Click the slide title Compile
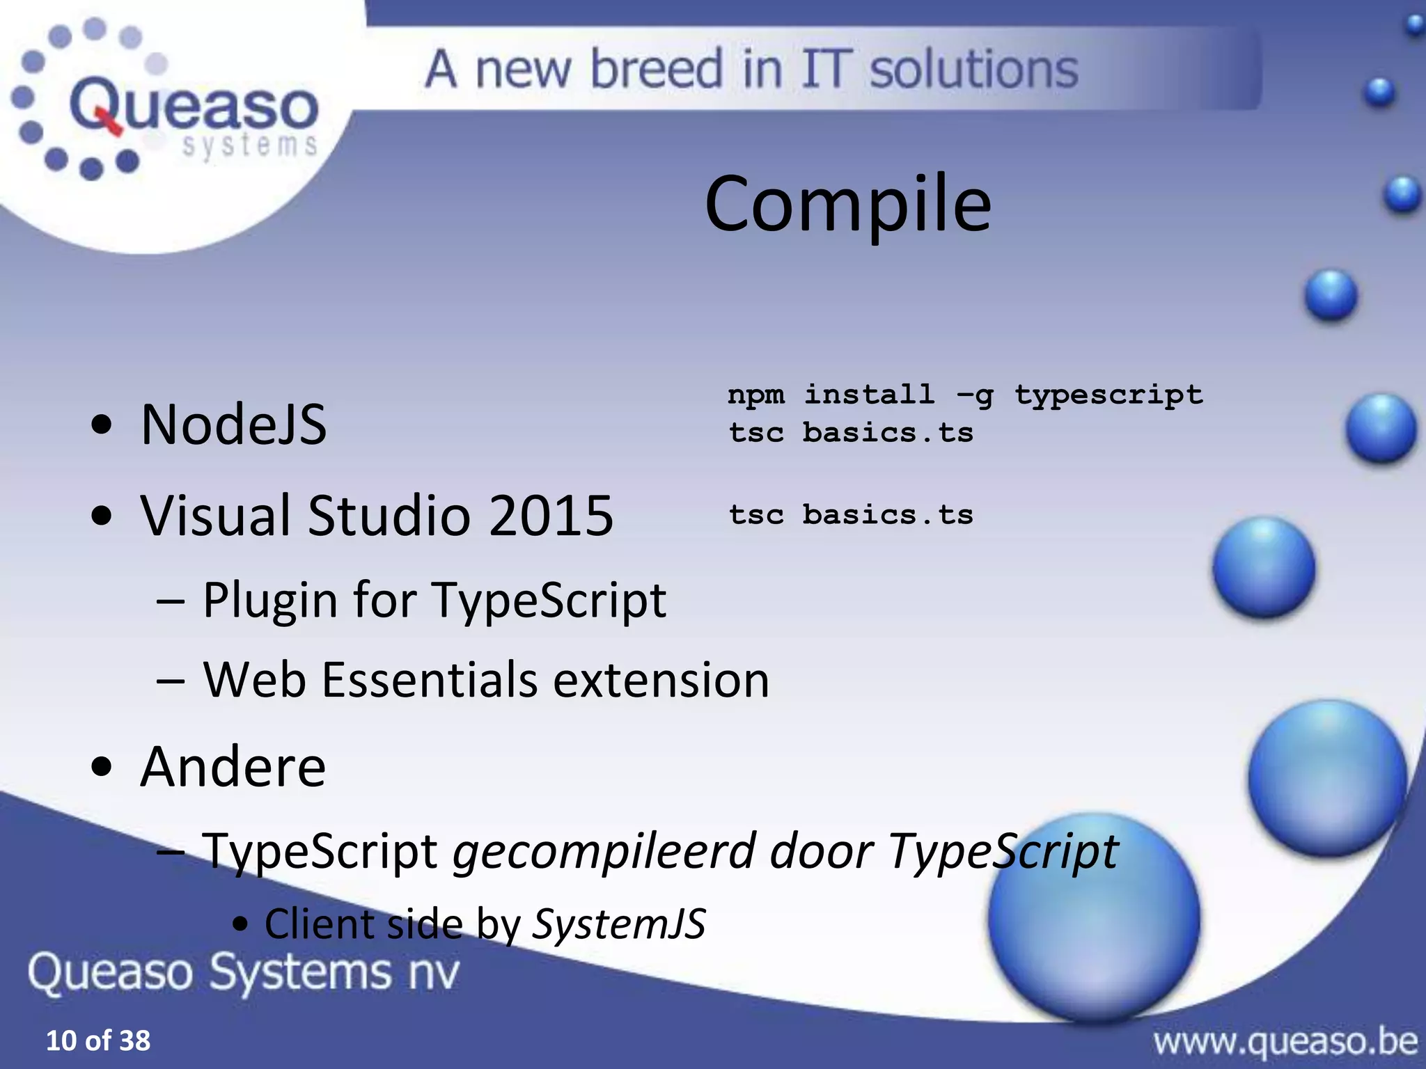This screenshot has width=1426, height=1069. coord(847,204)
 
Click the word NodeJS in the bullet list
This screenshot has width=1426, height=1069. coord(233,425)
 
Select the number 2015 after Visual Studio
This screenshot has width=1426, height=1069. coord(550,516)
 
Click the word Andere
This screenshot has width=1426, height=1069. coord(233,766)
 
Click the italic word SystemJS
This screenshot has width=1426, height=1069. coord(619,924)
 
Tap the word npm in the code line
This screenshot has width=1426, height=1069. coord(756,395)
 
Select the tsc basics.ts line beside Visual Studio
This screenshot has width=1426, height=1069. coord(851,515)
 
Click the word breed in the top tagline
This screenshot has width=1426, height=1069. coord(656,70)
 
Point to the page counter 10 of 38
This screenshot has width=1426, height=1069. coord(97,1040)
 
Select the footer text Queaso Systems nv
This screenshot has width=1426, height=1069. coord(244,972)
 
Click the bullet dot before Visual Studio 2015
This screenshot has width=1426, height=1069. coord(102,516)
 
